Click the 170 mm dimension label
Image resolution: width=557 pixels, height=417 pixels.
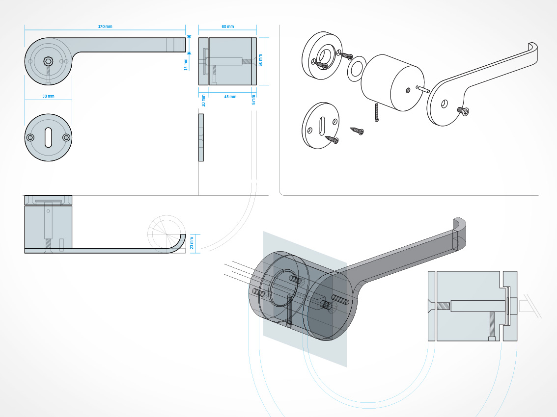[105, 26]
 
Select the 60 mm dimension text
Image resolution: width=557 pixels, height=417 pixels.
[228, 26]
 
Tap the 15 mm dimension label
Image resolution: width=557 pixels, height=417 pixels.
[186, 65]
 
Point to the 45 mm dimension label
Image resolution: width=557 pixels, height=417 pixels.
[230, 97]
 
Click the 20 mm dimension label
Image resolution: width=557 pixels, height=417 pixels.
[192, 243]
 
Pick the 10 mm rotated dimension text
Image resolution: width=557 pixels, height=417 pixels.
[203, 101]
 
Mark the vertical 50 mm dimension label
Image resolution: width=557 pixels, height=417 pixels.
[260, 60]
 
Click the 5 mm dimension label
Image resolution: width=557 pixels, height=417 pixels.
[253, 100]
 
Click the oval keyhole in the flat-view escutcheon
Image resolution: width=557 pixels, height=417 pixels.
[48, 138]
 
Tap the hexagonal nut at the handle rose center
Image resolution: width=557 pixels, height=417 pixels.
[48, 61]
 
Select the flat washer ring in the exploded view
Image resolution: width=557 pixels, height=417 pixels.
[357, 69]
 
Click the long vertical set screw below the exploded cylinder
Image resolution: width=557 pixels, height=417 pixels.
[377, 112]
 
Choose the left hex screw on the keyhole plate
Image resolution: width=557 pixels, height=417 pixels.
[30, 138]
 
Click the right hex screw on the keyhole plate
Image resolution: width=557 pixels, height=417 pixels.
[66, 138]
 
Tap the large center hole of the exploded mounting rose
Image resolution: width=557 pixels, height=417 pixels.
[324, 56]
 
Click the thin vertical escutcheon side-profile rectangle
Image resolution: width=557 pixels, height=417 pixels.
[201, 137]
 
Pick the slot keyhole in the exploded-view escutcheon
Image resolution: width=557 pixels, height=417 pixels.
[322, 126]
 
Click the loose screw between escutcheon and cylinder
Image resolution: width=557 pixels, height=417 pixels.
[357, 130]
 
